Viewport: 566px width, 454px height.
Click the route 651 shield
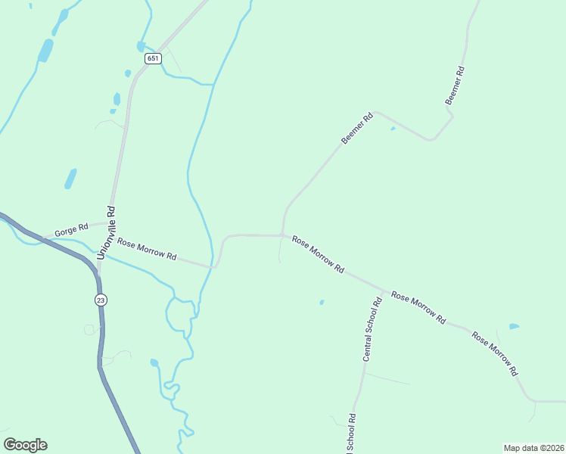pos(153,58)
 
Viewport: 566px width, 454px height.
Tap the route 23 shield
pos(101,300)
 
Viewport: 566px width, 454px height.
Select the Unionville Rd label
pos(106,233)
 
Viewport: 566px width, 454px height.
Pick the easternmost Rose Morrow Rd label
pos(495,353)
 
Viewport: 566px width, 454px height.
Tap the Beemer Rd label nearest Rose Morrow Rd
pos(358,129)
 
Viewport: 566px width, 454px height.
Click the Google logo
pos(25,445)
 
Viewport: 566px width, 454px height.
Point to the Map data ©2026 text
pos(533,447)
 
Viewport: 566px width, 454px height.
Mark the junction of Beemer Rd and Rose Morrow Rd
pos(282,235)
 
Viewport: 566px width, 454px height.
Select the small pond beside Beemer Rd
pos(392,129)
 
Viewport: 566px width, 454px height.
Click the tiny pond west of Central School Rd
pos(322,303)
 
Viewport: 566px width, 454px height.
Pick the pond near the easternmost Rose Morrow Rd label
pos(515,326)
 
